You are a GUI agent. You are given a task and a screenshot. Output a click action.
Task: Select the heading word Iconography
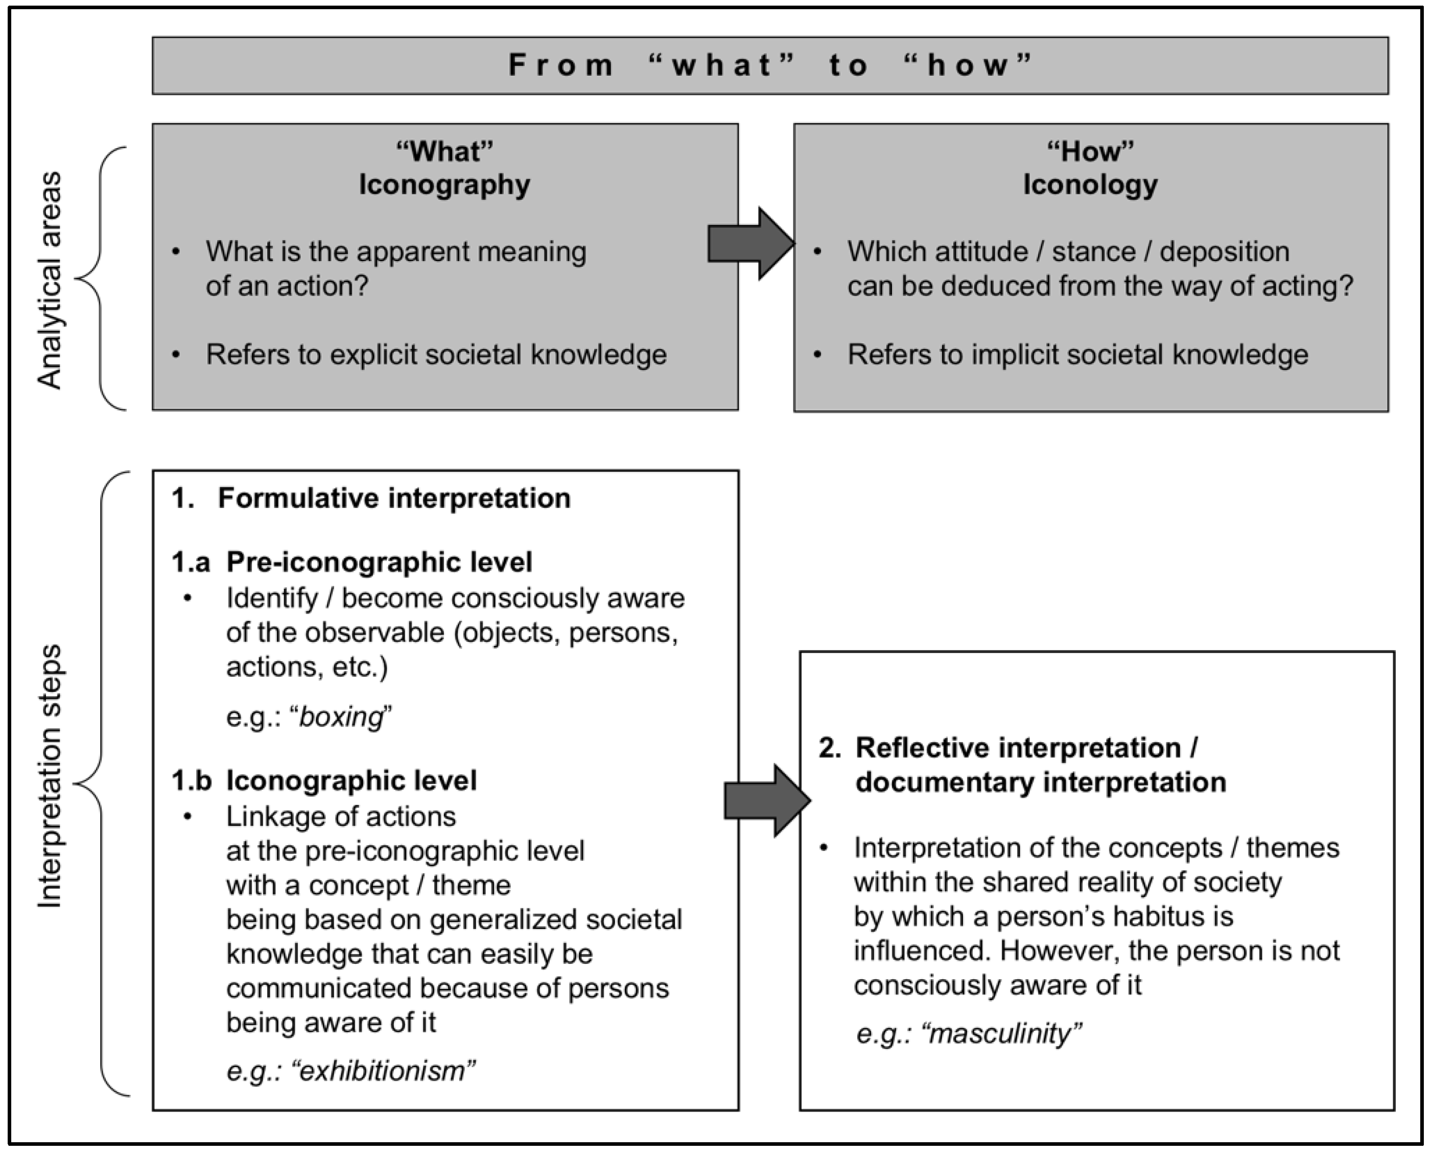pyautogui.click(x=444, y=184)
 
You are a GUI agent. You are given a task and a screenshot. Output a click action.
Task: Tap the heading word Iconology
pyautogui.click(x=1090, y=184)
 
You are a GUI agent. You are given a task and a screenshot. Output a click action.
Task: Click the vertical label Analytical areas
pyautogui.click(x=50, y=280)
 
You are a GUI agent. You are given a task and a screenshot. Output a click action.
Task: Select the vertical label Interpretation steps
pyautogui.click(x=50, y=775)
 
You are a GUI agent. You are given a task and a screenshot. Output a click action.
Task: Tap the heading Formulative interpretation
pyautogui.click(x=394, y=498)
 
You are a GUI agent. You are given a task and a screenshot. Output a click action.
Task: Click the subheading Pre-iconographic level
pyautogui.click(x=379, y=562)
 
